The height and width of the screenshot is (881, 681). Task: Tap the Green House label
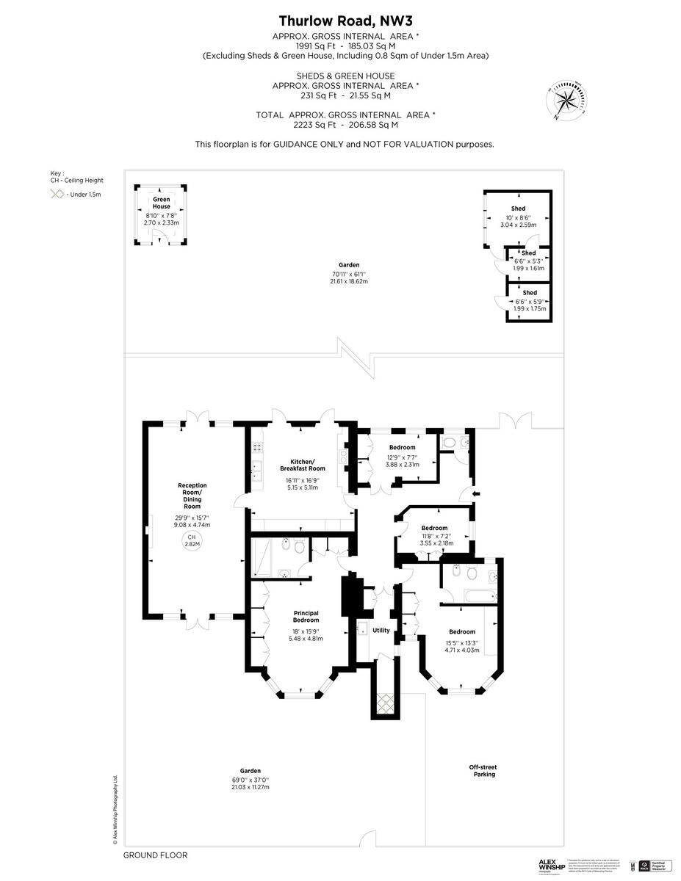click(162, 203)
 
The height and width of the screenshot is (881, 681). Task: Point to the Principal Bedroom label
click(306, 617)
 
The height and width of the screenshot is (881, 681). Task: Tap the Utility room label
click(381, 631)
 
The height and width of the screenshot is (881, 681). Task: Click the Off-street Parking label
click(483, 770)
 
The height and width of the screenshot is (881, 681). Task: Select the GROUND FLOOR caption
click(155, 855)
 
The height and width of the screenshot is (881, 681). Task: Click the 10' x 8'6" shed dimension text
click(518, 219)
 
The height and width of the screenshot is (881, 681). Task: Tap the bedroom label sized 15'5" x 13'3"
click(462, 631)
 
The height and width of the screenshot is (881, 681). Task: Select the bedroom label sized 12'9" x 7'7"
click(403, 447)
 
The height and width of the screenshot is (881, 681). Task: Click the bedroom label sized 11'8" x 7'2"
click(434, 528)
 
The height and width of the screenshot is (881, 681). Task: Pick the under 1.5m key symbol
click(57, 195)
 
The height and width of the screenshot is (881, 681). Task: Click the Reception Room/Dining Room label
click(192, 496)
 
